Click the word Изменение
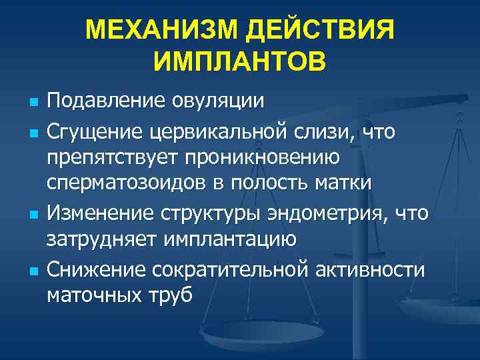101,214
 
